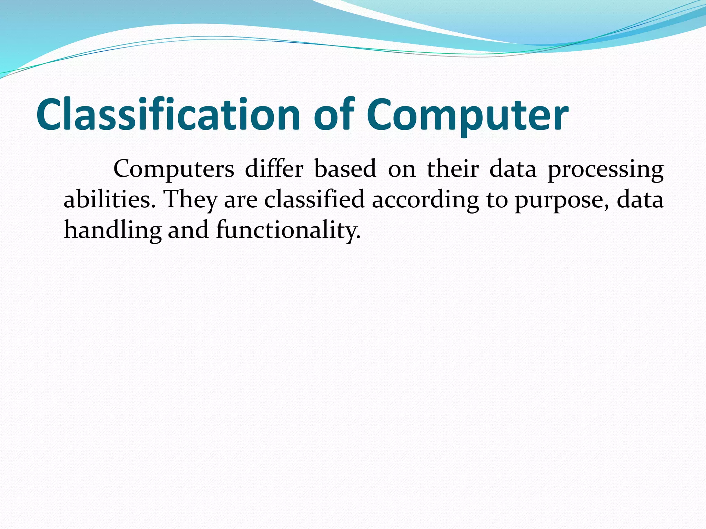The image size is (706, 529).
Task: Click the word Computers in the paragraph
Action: coord(174,169)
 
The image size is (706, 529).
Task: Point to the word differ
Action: coord(274,169)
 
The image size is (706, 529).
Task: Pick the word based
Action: coord(345,169)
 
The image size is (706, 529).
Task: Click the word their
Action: coord(453,169)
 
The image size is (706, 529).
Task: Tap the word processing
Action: coord(605,170)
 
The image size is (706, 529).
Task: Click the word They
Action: coord(191,200)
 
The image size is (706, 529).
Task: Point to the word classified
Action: coord(314,199)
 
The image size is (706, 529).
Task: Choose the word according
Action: coord(425,201)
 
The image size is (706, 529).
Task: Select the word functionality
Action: coord(288,230)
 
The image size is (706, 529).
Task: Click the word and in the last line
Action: coord(188,230)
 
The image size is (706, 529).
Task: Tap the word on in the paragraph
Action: coord(402,170)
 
